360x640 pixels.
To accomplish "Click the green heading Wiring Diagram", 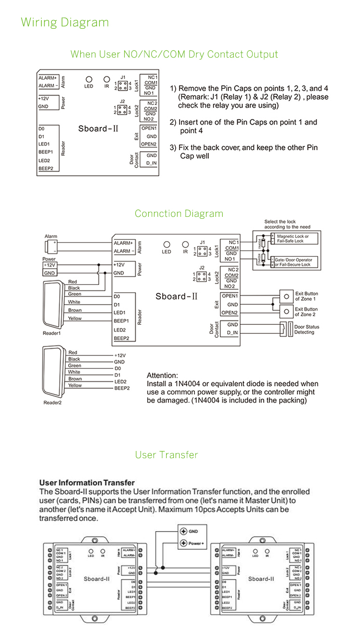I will [65, 23].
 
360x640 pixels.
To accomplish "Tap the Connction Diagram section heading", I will [179, 213].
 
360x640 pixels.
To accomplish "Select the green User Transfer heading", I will [166, 455].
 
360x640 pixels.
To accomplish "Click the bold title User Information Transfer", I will [87, 483].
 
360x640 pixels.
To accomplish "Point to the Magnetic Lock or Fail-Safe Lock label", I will [293, 238].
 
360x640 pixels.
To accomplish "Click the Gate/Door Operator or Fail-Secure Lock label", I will [293, 262].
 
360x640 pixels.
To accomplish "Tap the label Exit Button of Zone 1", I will [306, 296].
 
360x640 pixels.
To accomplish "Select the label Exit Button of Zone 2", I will [306, 312].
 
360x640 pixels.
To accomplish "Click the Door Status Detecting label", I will [307, 330].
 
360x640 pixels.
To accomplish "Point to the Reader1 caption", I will [52, 333].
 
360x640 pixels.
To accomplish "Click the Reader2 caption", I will [52, 403].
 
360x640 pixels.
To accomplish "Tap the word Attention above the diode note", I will [162, 375].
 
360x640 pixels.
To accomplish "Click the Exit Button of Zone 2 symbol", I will [286, 312].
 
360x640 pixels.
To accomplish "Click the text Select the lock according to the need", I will [287, 225].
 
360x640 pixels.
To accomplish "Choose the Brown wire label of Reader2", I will [75, 379].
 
